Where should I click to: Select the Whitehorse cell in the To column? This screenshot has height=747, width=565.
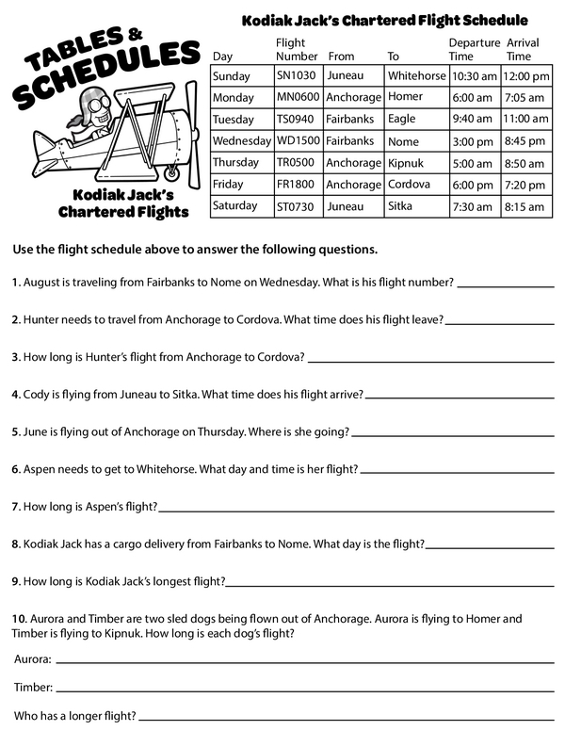tap(415, 75)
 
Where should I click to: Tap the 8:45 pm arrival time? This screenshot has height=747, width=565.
tap(525, 141)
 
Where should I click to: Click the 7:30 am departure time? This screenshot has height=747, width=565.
tap(472, 206)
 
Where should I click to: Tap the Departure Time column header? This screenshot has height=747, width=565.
tap(473, 50)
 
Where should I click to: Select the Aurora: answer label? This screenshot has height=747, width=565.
tap(33, 659)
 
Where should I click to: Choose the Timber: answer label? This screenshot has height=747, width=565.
tap(34, 688)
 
